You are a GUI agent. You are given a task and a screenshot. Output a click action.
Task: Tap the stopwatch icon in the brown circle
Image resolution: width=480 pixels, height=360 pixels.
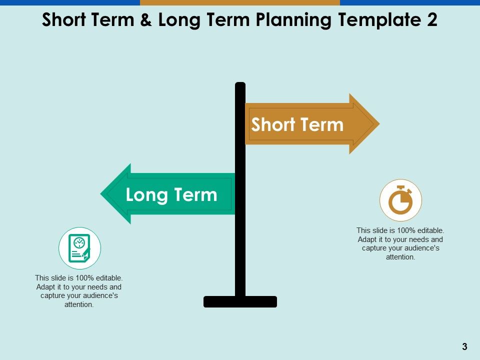tap(400, 200)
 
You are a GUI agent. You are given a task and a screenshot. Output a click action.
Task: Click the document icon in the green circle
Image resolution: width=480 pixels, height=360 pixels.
tap(80, 248)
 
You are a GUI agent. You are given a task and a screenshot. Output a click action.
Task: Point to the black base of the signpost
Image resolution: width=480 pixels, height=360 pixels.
tap(240, 301)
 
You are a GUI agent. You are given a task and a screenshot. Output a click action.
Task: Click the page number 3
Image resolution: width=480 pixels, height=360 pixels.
tap(464, 346)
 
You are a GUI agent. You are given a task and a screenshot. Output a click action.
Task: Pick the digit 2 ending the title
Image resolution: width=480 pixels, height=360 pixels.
tap(431, 20)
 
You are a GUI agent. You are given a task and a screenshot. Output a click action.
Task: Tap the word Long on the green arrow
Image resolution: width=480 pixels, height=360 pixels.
tap(145, 194)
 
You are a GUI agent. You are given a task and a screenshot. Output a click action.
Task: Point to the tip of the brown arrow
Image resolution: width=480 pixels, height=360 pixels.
tap(378, 123)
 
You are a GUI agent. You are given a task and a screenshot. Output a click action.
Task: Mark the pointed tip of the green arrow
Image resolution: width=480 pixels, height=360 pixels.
tap(102, 194)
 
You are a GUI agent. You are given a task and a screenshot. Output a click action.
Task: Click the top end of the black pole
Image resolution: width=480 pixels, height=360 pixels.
tap(240, 84)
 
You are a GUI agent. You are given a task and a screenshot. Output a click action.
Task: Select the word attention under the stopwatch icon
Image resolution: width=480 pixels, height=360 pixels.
tap(400, 257)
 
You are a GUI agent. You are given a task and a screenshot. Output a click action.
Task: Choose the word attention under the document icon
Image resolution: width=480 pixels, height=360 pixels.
tap(78, 304)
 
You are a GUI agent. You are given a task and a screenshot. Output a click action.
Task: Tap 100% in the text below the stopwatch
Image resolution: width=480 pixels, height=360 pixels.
tap(406, 230)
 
